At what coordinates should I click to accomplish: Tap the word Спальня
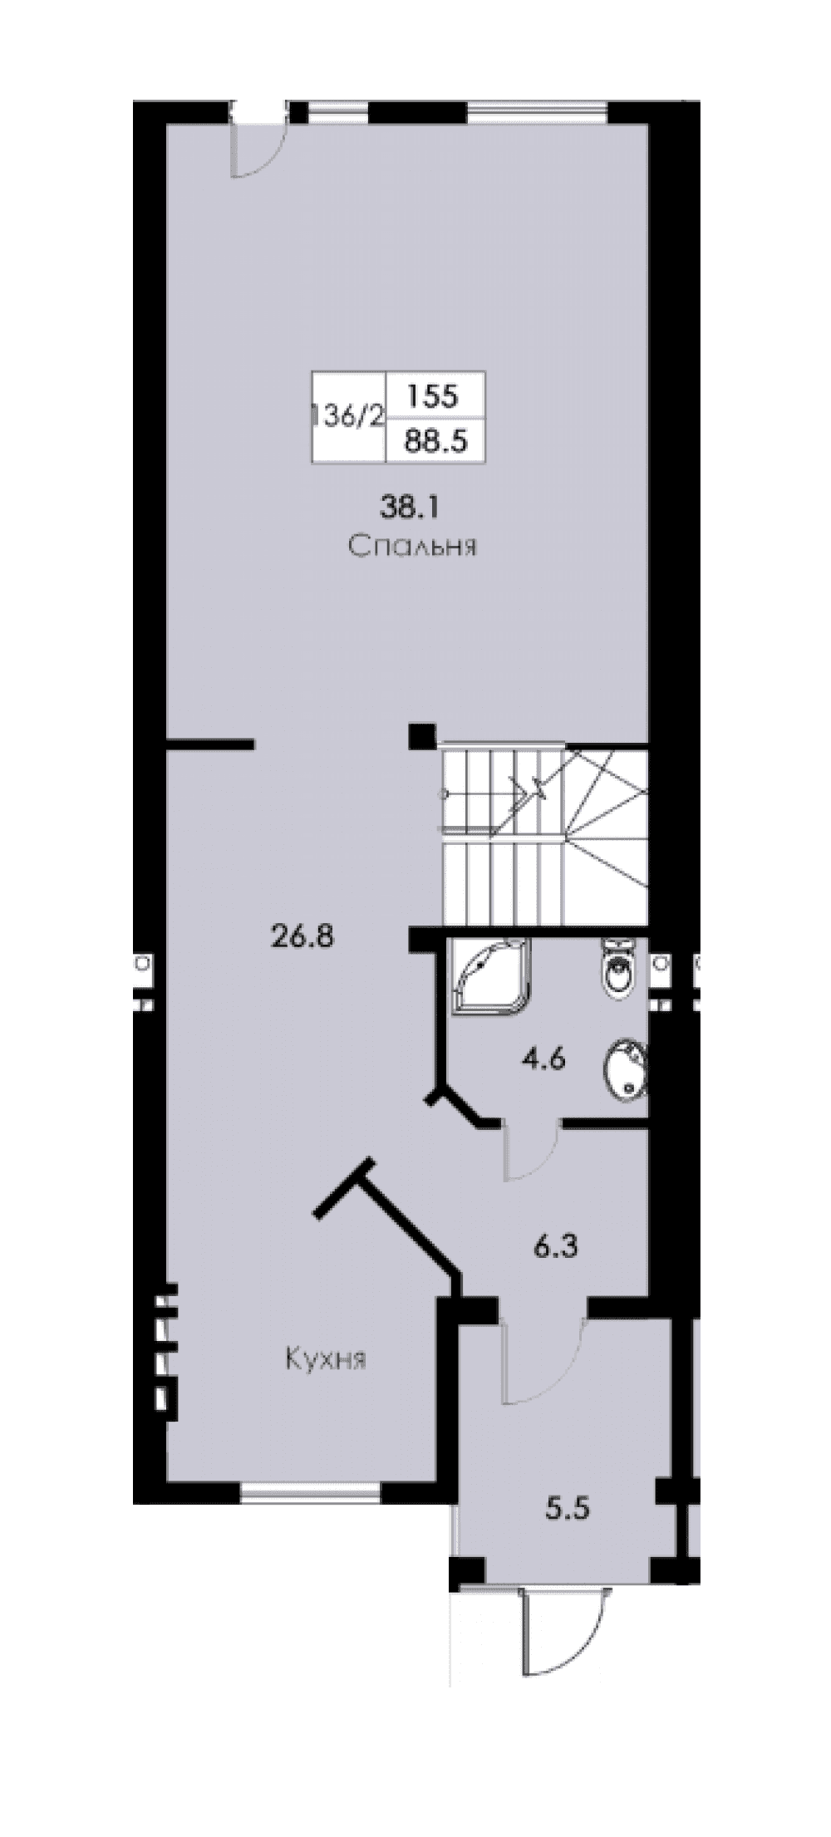tap(412, 547)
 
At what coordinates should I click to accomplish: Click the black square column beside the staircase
tap(421, 736)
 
